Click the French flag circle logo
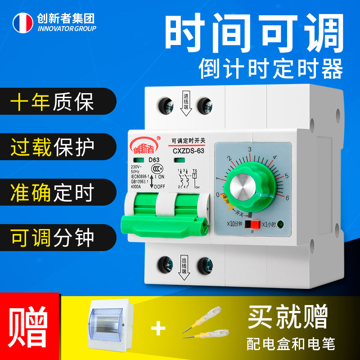pyautogui.click(x=22, y=22)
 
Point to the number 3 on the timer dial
pyautogui.click(x=249, y=149)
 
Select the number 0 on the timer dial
pyautogui.click(x=217, y=194)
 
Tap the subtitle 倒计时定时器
pyautogui.click(x=271, y=70)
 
